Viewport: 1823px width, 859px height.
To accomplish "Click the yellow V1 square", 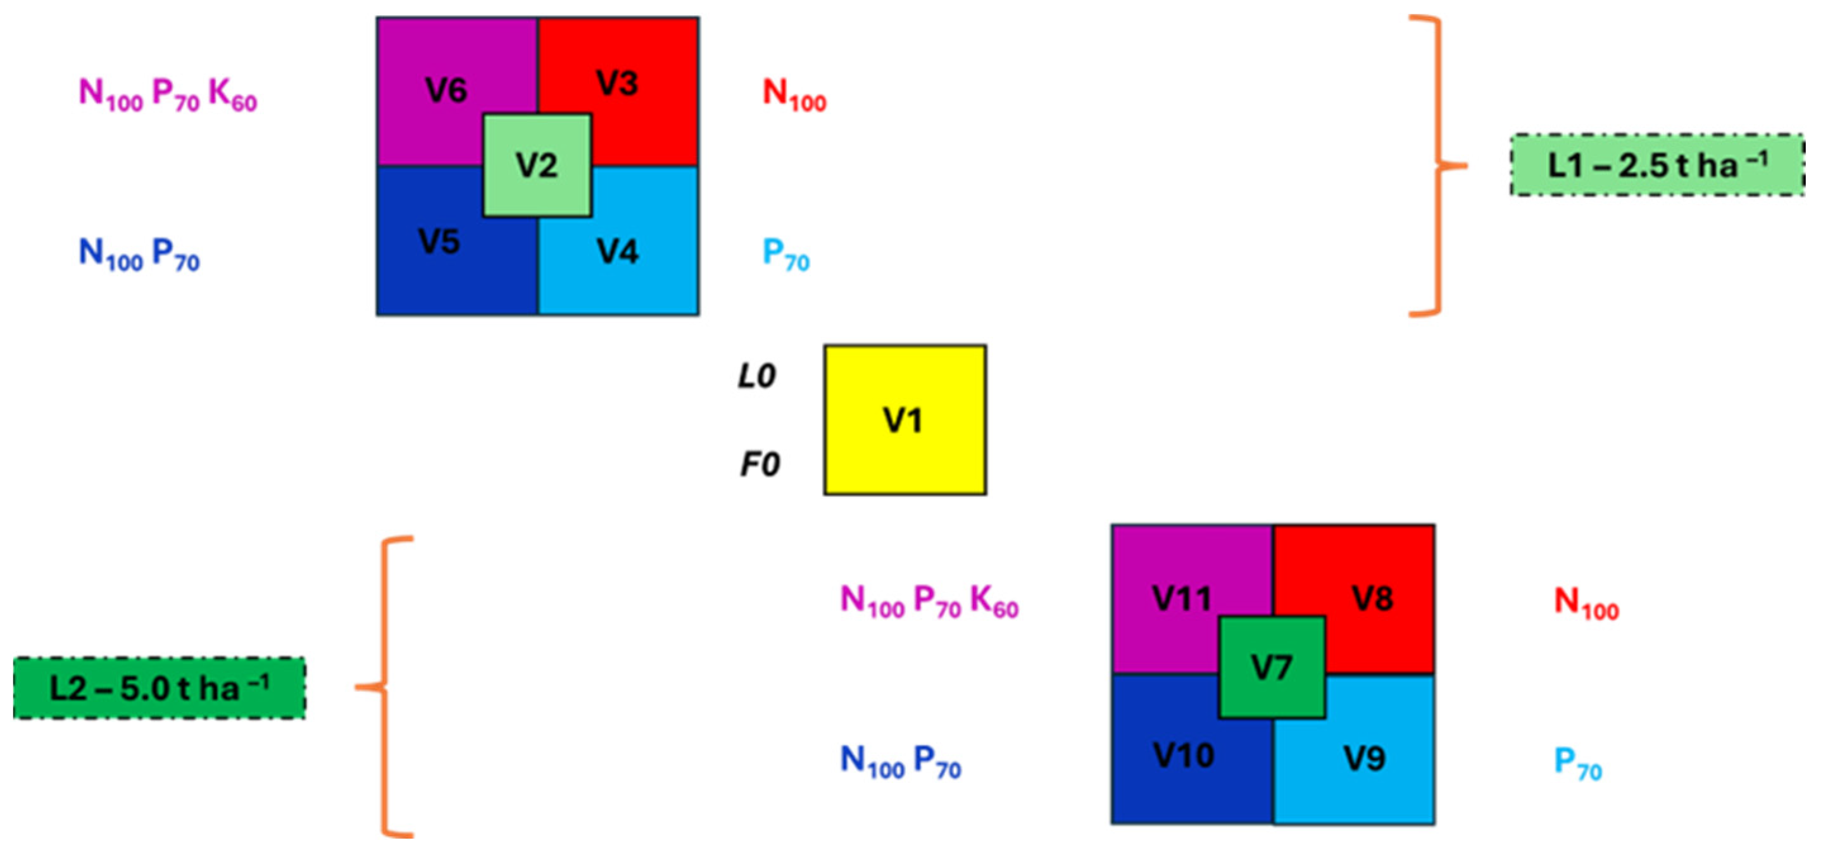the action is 905,420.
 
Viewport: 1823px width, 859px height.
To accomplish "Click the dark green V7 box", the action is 1272,667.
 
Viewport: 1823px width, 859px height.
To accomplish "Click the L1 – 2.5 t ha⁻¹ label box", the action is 1657,165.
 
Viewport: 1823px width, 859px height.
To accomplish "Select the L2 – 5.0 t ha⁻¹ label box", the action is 160,687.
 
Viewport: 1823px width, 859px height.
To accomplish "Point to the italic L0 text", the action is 756,376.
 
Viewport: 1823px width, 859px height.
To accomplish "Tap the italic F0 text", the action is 760,464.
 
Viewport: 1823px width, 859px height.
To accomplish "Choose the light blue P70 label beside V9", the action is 1577,763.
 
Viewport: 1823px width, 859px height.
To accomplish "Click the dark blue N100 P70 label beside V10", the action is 900,762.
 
